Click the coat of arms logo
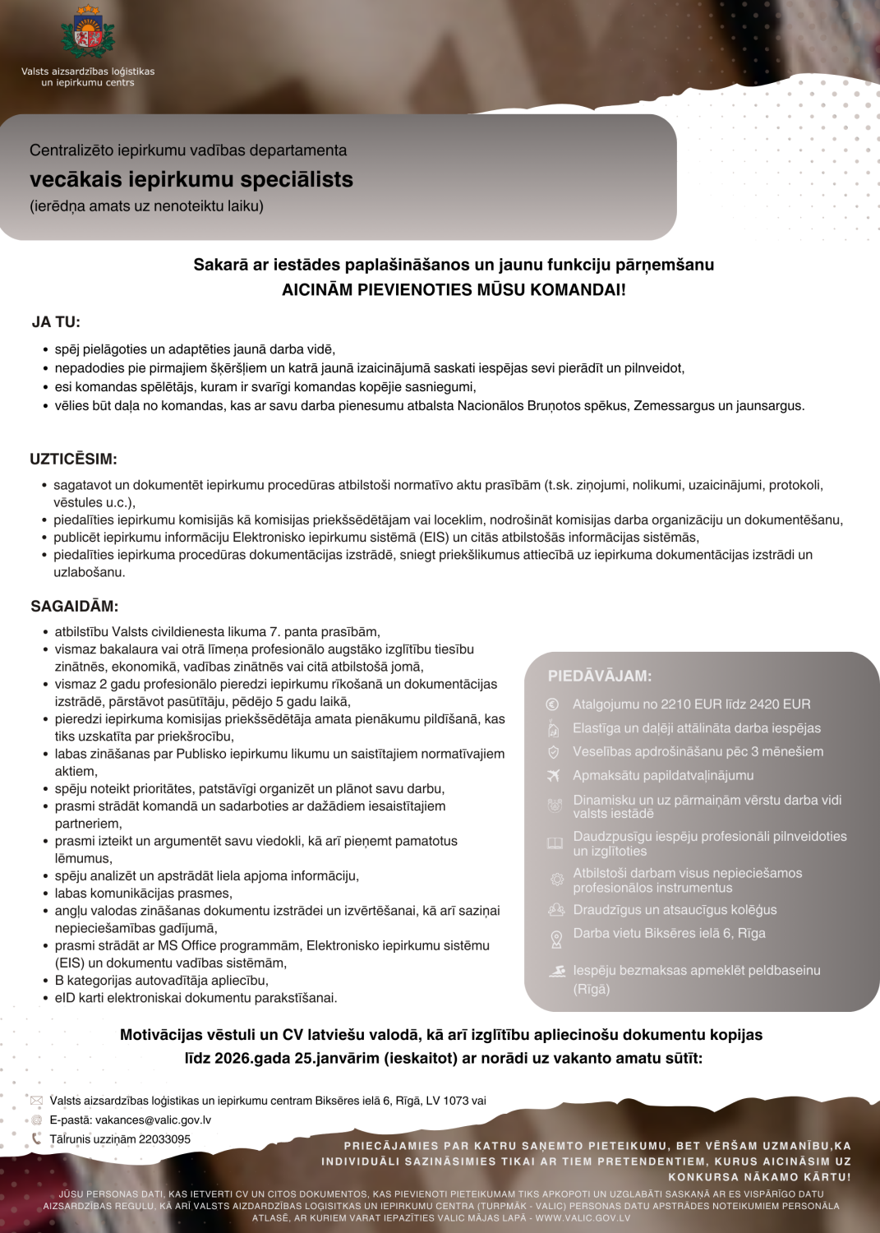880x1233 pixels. (x=88, y=32)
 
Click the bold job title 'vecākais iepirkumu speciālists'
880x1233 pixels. (x=191, y=179)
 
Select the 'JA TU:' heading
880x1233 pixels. (x=56, y=322)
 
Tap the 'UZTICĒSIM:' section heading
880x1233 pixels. (x=73, y=459)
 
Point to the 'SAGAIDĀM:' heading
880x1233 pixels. (x=74, y=607)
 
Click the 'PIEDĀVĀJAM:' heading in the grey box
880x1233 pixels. (x=600, y=676)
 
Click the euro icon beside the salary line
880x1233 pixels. (x=553, y=704)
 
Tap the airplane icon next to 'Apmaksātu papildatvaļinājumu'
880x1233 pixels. (x=554, y=775)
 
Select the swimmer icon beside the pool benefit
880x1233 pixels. (x=558, y=971)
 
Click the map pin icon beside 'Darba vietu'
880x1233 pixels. (x=556, y=938)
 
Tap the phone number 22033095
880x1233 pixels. (x=164, y=1139)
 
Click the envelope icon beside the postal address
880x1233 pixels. (x=37, y=1101)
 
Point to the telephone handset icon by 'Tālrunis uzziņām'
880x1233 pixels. (x=36, y=1139)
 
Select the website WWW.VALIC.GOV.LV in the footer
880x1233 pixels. (x=583, y=1218)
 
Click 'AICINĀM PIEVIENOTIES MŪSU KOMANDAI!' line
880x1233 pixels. (x=454, y=289)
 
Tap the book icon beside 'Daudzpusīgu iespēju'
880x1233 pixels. (x=555, y=843)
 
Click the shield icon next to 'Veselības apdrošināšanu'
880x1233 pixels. (x=553, y=751)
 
